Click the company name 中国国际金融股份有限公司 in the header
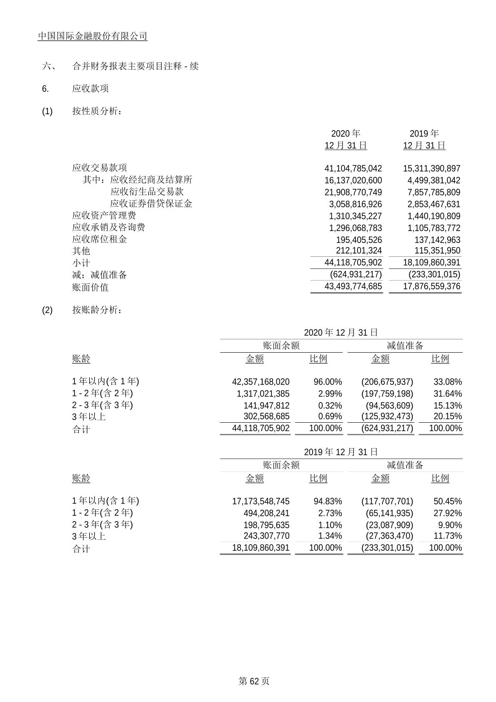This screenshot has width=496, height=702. click(93, 36)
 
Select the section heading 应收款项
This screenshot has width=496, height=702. click(90, 88)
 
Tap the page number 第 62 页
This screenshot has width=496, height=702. click(254, 681)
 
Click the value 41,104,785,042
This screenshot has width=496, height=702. click(353, 168)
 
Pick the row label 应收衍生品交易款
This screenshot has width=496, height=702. click(147, 191)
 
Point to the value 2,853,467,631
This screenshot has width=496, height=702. click(431, 204)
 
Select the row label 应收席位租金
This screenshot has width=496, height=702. click(100, 239)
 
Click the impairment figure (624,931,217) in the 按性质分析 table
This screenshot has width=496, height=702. click(356, 274)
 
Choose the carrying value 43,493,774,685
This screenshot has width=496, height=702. click(353, 286)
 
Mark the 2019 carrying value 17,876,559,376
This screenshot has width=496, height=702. click(431, 286)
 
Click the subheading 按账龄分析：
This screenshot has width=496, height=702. click(97, 310)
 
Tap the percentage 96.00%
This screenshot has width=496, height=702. click(328, 382)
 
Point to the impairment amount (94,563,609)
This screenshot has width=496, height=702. click(389, 406)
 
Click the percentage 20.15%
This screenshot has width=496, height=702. click(448, 416)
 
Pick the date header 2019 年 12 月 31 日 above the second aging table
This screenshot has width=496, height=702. click(341, 452)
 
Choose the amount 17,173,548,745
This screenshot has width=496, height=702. click(261, 501)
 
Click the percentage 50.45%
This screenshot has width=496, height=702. click(448, 501)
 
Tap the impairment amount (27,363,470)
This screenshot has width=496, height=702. click(389, 536)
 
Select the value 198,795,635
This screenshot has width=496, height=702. click(266, 525)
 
